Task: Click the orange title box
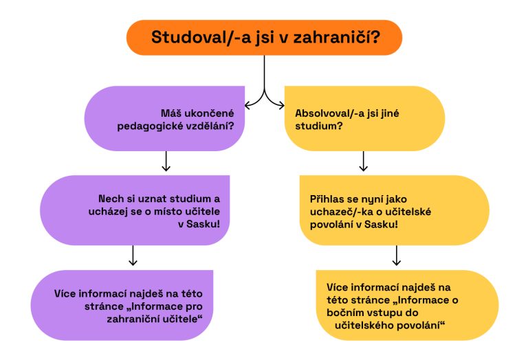point(264,38)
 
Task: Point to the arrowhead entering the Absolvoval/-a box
point(282,104)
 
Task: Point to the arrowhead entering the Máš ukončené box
point(247,104)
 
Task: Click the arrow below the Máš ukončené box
point(166,162)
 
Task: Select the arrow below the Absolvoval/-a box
point(364,162)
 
